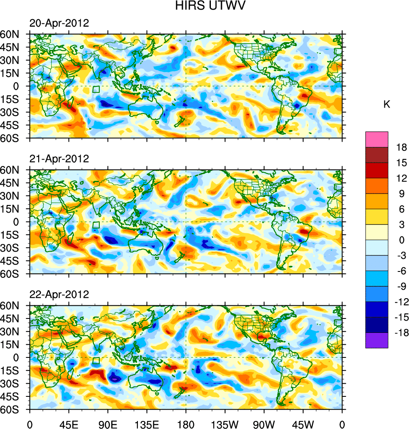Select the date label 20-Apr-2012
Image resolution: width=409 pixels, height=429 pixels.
point(59,23)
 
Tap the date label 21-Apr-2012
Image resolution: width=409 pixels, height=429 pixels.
point(59,159)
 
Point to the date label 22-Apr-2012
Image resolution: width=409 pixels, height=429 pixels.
point(59,294)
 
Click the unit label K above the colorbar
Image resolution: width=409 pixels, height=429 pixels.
point(387,105)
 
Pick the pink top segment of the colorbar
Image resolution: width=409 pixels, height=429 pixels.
point(377,139)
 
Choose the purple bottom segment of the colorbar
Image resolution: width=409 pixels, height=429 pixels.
point(377,340)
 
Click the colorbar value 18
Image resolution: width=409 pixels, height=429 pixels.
point(401,147)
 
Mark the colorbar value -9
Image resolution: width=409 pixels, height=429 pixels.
point(401,286)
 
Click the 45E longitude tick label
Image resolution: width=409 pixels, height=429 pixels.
point(69,423)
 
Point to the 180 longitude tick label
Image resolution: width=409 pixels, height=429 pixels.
point(185,423)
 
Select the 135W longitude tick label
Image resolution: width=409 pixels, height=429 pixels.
point(225,423)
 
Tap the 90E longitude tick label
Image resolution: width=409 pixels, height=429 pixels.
point(108,423)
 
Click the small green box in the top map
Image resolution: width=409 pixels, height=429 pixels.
point(96,89)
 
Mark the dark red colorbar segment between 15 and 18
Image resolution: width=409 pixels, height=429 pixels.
point(377,155)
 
